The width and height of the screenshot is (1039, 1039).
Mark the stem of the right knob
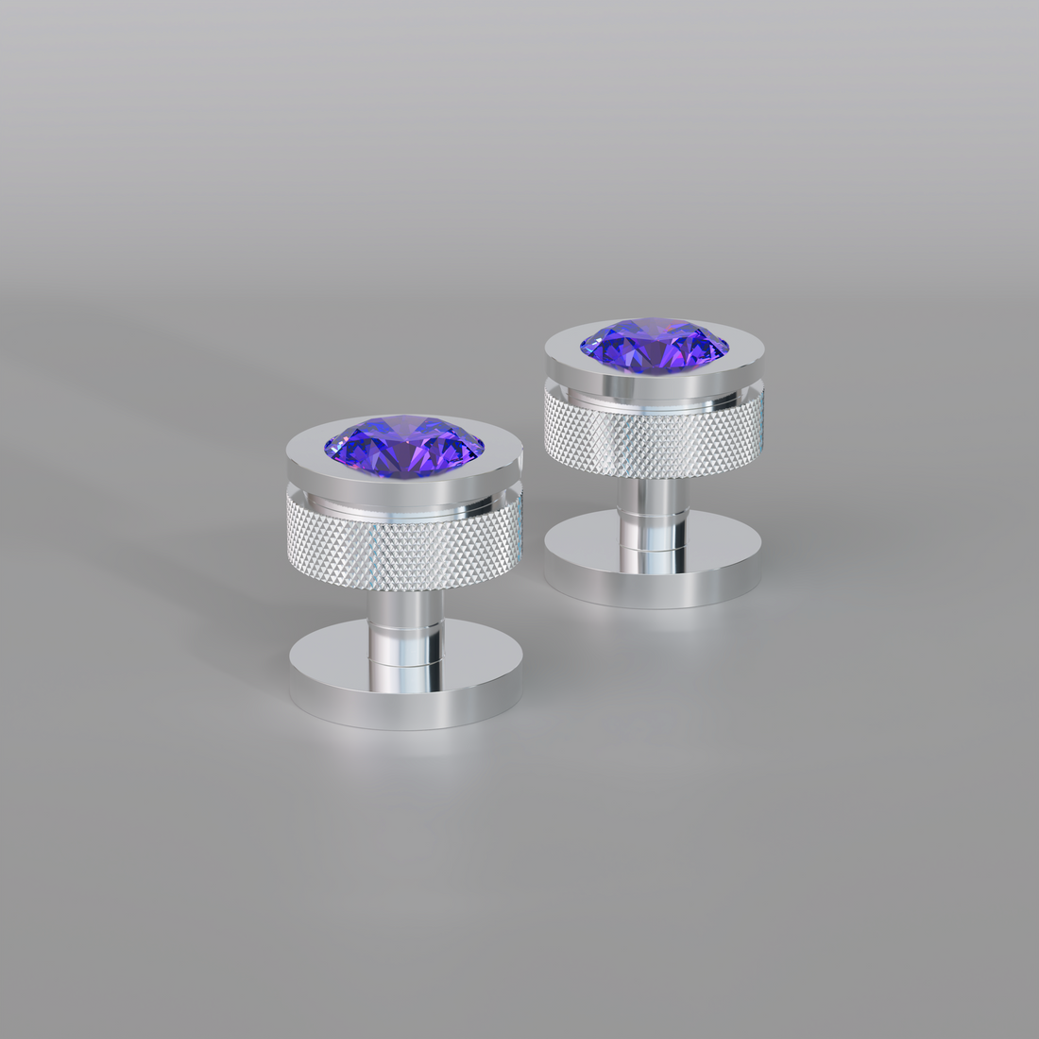[652, 505]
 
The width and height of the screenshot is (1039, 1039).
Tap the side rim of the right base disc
[652, 590]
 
